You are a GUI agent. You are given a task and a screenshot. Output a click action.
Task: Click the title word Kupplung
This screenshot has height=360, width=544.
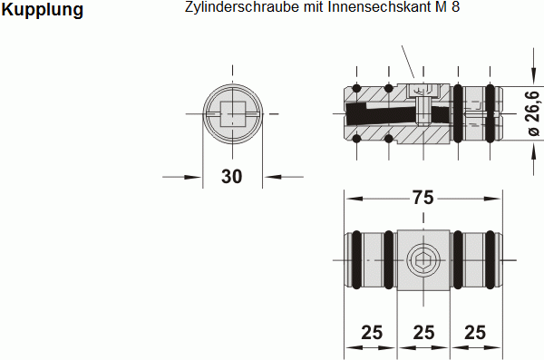pos(44,11)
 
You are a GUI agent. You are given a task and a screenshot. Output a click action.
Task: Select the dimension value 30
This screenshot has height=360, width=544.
pos(232,177)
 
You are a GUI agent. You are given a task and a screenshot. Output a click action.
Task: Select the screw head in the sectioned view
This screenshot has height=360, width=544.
pos(423,91)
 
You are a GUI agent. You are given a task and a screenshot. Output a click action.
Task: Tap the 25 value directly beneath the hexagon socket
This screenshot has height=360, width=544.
pos(423,332)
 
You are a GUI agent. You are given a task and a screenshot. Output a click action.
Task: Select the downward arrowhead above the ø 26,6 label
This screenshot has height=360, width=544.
pos(532,77)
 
